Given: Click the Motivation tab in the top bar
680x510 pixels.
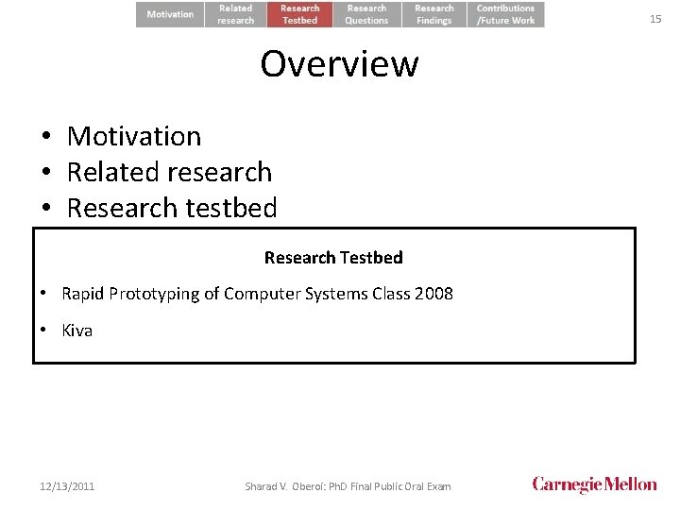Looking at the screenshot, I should (170, 14).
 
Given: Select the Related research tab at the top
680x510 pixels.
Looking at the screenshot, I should (236, 14).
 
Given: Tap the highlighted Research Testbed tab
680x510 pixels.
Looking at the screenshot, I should (300, 14).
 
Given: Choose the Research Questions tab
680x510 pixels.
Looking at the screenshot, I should (366, 14).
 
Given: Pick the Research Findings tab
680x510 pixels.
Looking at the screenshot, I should (433, 14).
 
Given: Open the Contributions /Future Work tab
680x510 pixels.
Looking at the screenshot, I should (505, 14).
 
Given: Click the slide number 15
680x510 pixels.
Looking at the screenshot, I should (655, 19).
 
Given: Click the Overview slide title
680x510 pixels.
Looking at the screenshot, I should (339, 64).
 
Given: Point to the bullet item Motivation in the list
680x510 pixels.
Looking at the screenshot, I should (134, 136).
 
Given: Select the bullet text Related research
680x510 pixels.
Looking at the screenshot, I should (169, 172).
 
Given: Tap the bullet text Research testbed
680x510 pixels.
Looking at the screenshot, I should (172, 208).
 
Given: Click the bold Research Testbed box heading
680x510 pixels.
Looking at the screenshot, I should (333, 258).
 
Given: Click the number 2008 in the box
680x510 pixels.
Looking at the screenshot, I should (433, 294).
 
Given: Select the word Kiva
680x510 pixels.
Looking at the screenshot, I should (77, 331).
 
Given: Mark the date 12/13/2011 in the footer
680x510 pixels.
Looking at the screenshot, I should (67, 486).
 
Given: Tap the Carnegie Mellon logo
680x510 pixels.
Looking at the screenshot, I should (594, 484).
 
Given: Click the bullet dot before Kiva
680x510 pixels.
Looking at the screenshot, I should (44, 331).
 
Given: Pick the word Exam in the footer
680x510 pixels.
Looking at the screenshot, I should (437, 486).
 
